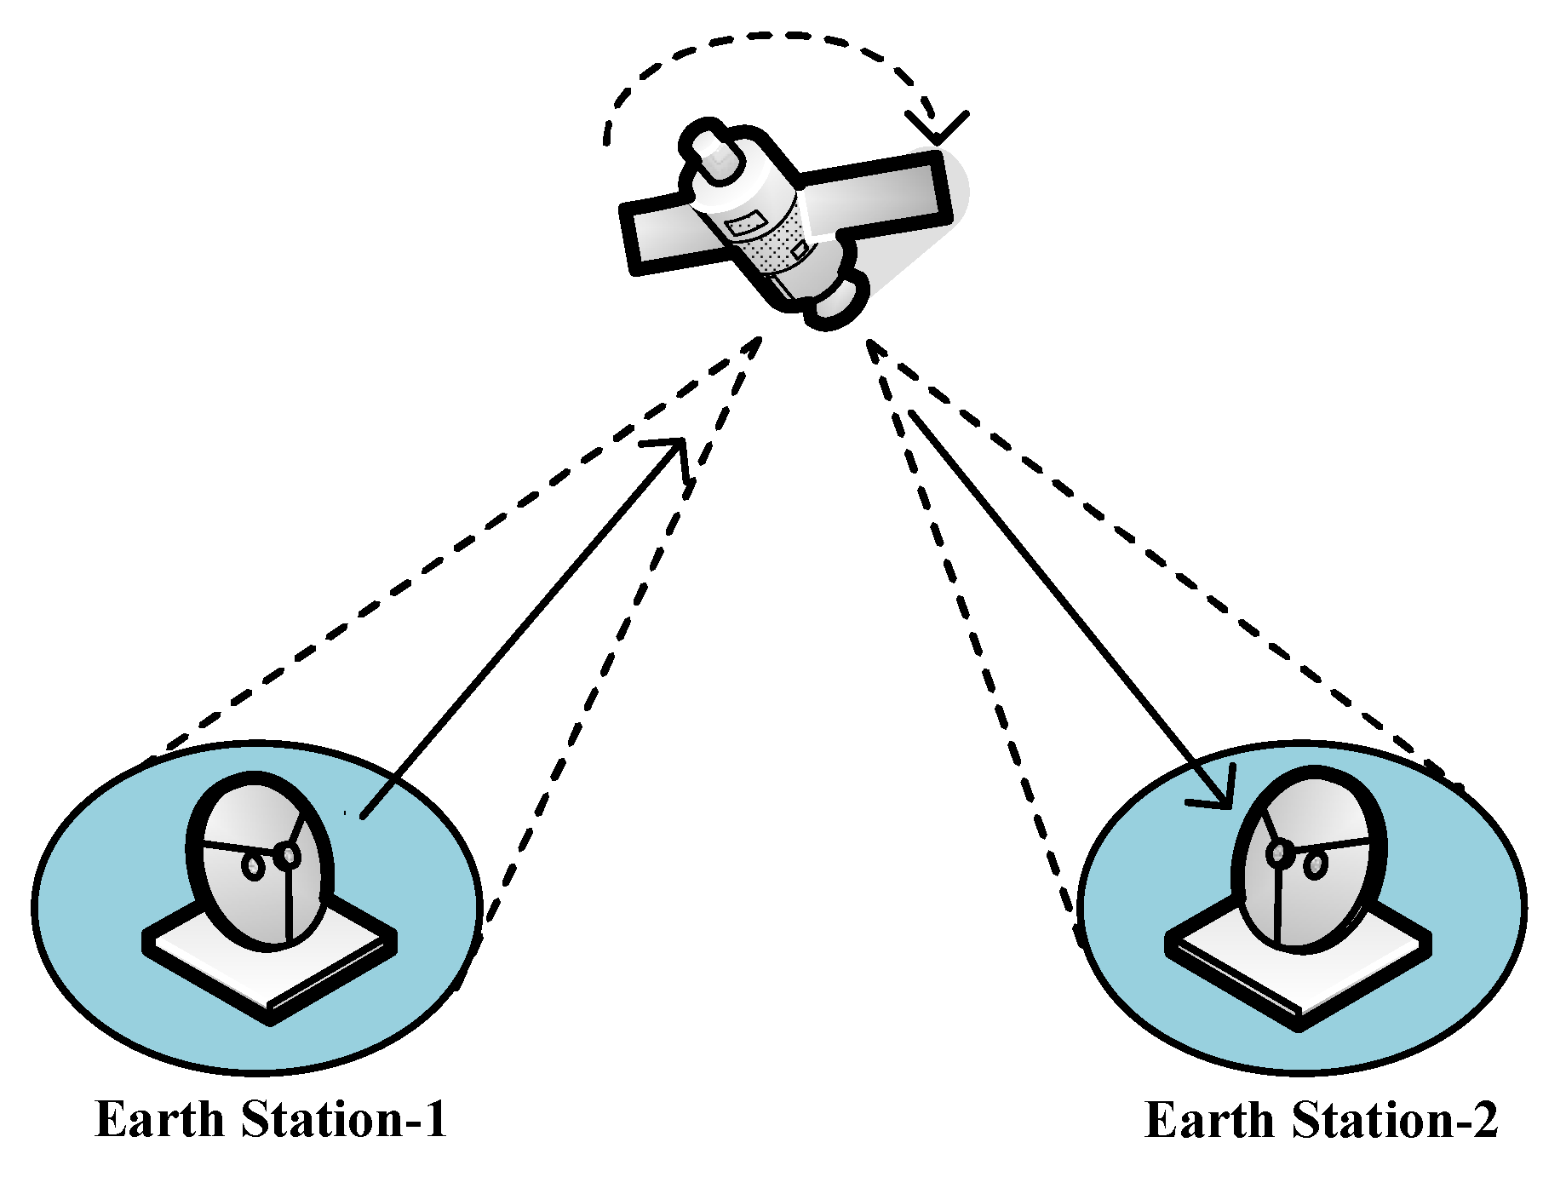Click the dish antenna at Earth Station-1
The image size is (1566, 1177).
coord(260,860)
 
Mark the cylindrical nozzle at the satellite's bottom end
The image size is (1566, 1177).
coord(839,302)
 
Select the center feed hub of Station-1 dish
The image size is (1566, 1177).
coord(289,854)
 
